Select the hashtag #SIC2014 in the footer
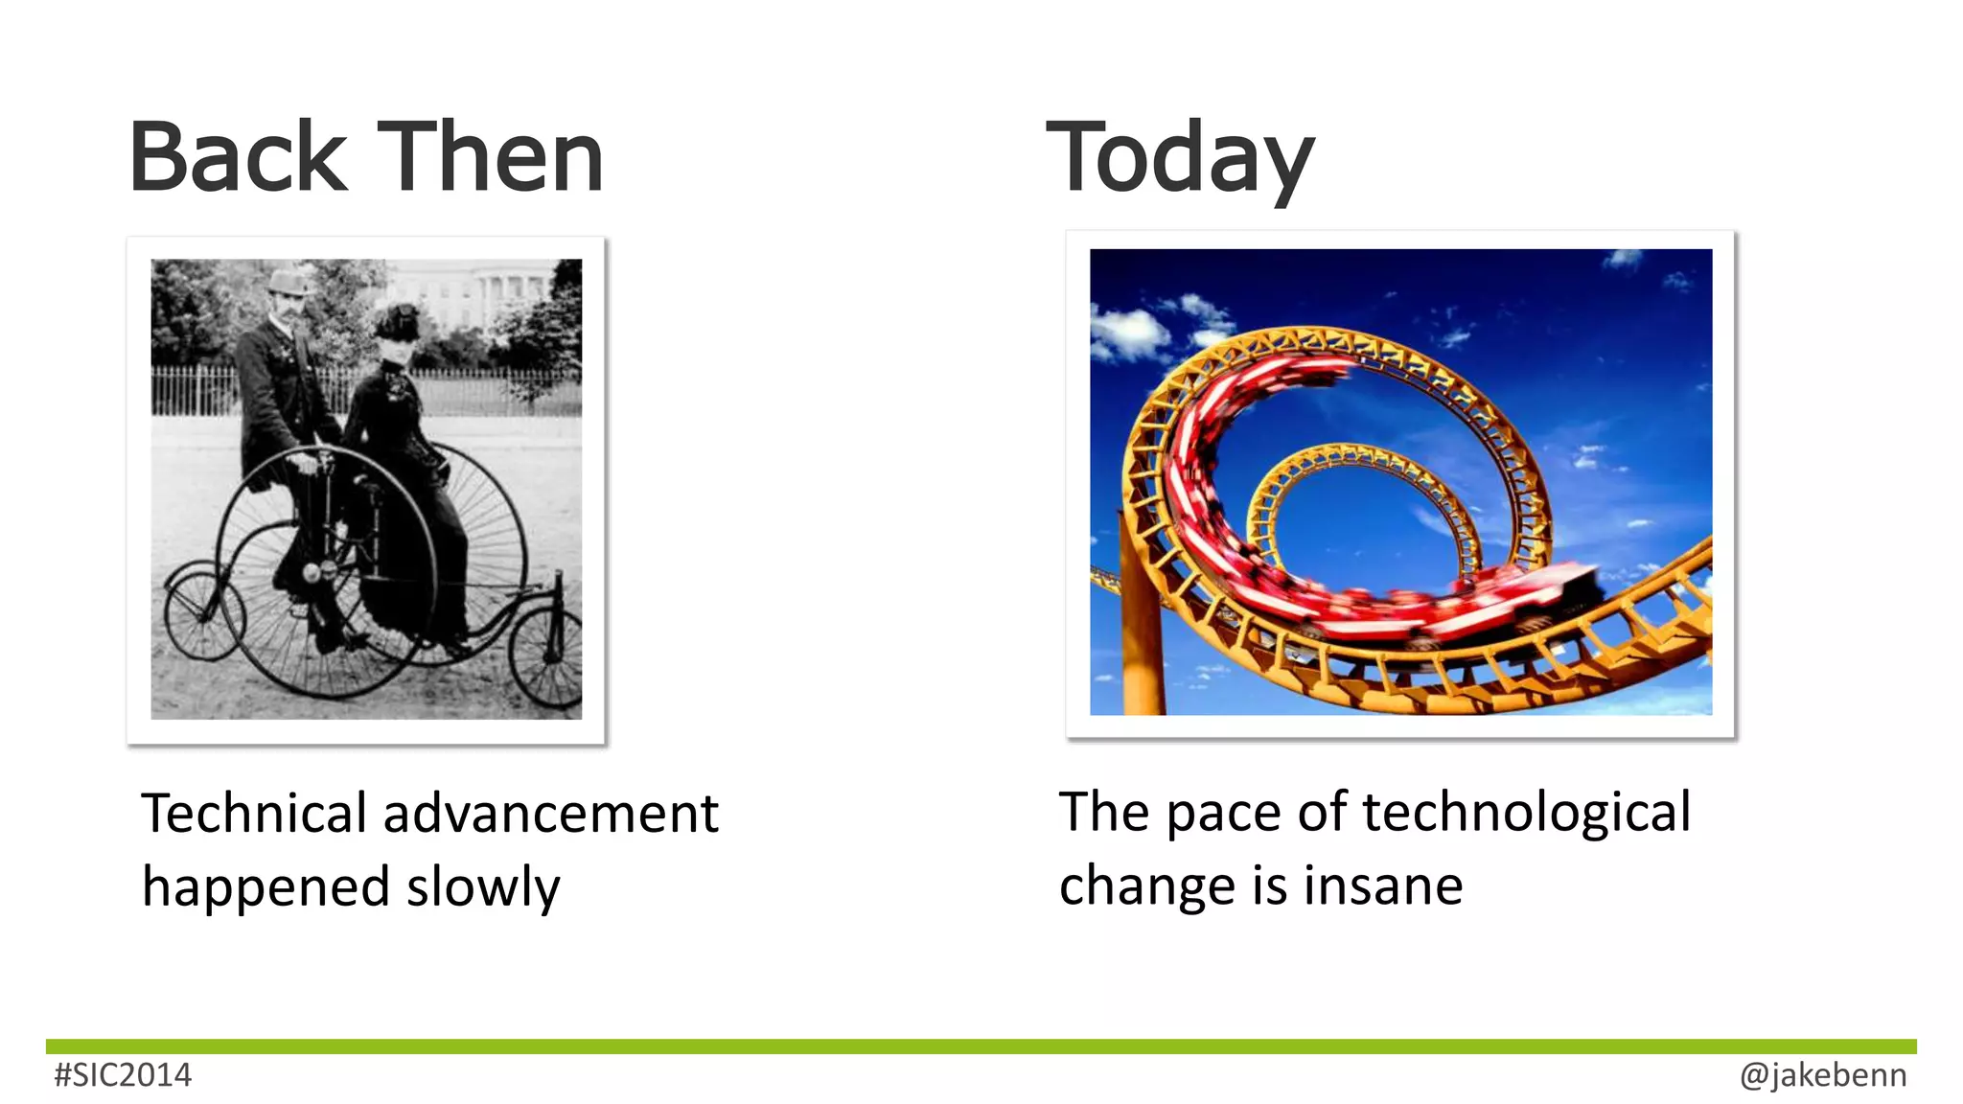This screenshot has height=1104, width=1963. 123,1075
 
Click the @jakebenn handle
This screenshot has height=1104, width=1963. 1822,1075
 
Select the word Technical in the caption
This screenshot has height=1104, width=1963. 254,814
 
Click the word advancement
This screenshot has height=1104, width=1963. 550,814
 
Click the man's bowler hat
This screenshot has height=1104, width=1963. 288,281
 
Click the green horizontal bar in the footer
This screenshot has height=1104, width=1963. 981,1046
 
